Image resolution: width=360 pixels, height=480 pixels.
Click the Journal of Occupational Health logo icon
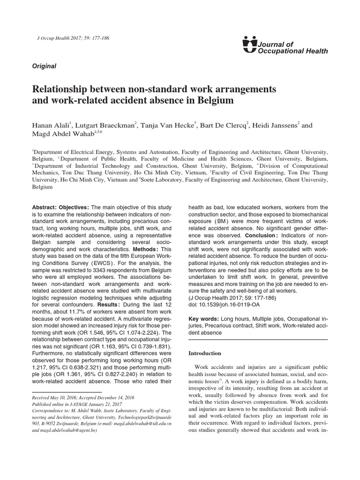[250, 44]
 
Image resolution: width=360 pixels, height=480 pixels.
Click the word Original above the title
[44, 66]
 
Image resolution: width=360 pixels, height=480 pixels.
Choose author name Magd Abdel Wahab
[58, 135]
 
